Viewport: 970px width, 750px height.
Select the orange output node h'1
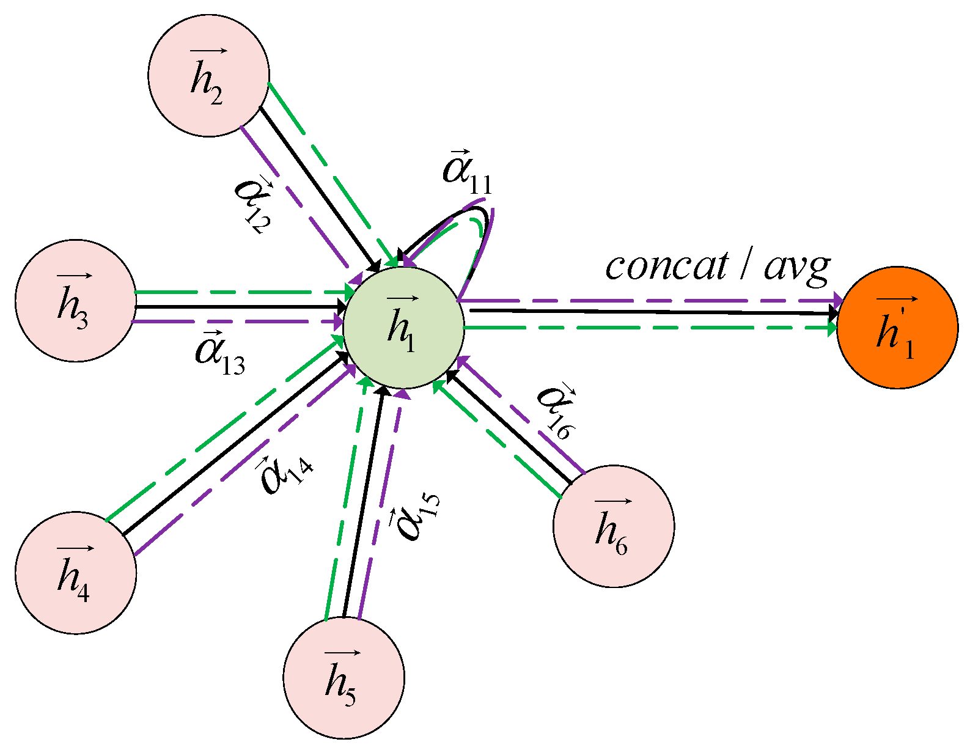coord(897,328)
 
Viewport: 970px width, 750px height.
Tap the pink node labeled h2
coord(208,76)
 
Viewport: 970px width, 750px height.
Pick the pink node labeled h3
coord(75,300)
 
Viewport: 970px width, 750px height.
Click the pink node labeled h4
coord(75,572)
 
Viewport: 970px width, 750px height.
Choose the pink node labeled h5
coord(344,677)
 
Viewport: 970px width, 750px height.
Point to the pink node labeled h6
coord(613,526)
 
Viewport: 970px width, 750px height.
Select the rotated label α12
coord(253,205)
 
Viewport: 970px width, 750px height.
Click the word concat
coord(666,267)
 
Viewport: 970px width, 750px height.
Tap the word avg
coord(797,267)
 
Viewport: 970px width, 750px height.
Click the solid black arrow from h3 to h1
coord(238,306)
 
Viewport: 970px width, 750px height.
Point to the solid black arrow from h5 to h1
coord(364,501)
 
